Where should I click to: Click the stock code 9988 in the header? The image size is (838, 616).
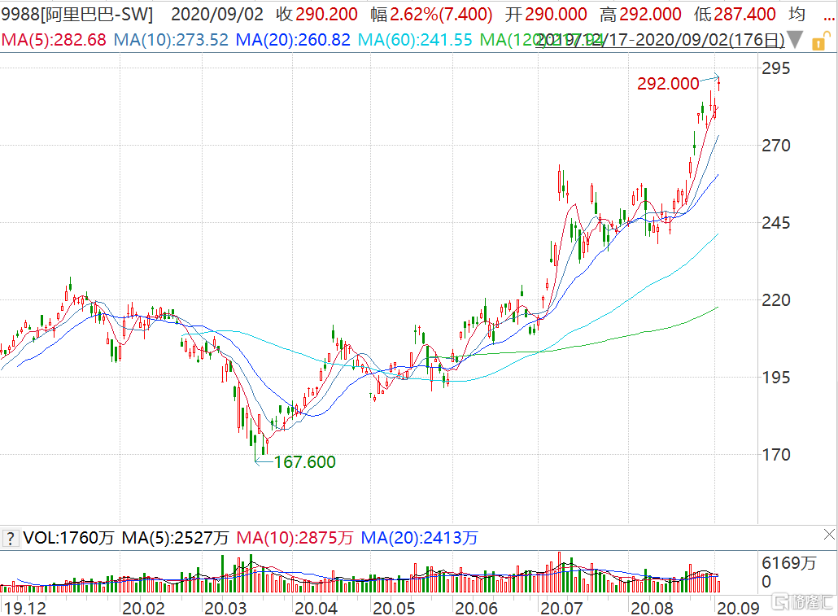coord(19,15)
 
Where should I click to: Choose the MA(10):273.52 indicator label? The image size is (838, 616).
coord(171,39)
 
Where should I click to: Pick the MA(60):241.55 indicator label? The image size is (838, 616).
coord(415,39)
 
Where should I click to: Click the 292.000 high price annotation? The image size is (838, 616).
coord(668,83)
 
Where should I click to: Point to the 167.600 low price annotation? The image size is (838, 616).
coord(304,462)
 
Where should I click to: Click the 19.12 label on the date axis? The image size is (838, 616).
coord(21,607)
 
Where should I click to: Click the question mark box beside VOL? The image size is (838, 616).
coord(10,538)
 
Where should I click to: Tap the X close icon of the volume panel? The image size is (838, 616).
coord(828,535)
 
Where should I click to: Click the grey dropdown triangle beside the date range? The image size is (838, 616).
coord(795,39)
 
